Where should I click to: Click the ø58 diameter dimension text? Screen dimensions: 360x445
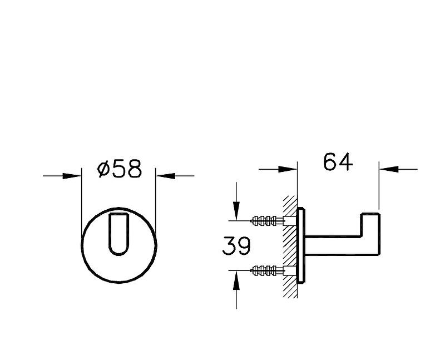(x=119, y=168)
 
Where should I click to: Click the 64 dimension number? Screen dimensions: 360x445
(x=338, y=162)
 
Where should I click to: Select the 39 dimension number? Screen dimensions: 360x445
(x=236, y=245)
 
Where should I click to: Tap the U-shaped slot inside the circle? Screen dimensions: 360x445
(x=119, y=233)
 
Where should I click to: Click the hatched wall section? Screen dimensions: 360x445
(x=289, y=245)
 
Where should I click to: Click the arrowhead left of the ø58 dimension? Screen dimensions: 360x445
(x=72, y=176)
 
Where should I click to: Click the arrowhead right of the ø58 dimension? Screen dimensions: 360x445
(x=165, y=176)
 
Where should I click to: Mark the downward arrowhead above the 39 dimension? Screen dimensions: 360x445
(x=236, y=210)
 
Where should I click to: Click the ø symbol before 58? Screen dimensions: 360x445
(x=103, y=169)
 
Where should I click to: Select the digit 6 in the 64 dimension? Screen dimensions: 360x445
(x=330, y=162)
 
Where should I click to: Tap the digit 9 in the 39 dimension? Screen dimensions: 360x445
(x=244, y=245)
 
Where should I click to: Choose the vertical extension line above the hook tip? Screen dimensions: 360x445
(x=379, y=186)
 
